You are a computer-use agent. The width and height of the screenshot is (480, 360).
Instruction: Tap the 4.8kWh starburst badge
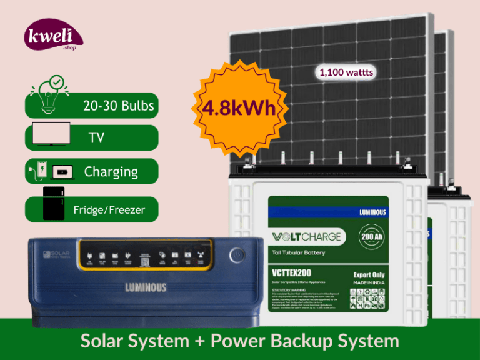239,108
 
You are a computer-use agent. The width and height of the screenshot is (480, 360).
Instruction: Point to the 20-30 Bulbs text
119,106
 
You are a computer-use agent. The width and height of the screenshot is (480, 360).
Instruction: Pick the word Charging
111,171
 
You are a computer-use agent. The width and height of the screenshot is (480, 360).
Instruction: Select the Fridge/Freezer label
109,210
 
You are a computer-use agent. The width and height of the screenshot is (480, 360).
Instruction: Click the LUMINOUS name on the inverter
145,288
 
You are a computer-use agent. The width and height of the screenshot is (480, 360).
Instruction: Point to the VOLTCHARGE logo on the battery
306,237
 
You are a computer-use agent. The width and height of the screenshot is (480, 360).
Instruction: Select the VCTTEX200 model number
292,273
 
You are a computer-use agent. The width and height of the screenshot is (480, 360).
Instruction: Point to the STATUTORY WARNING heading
290,290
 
